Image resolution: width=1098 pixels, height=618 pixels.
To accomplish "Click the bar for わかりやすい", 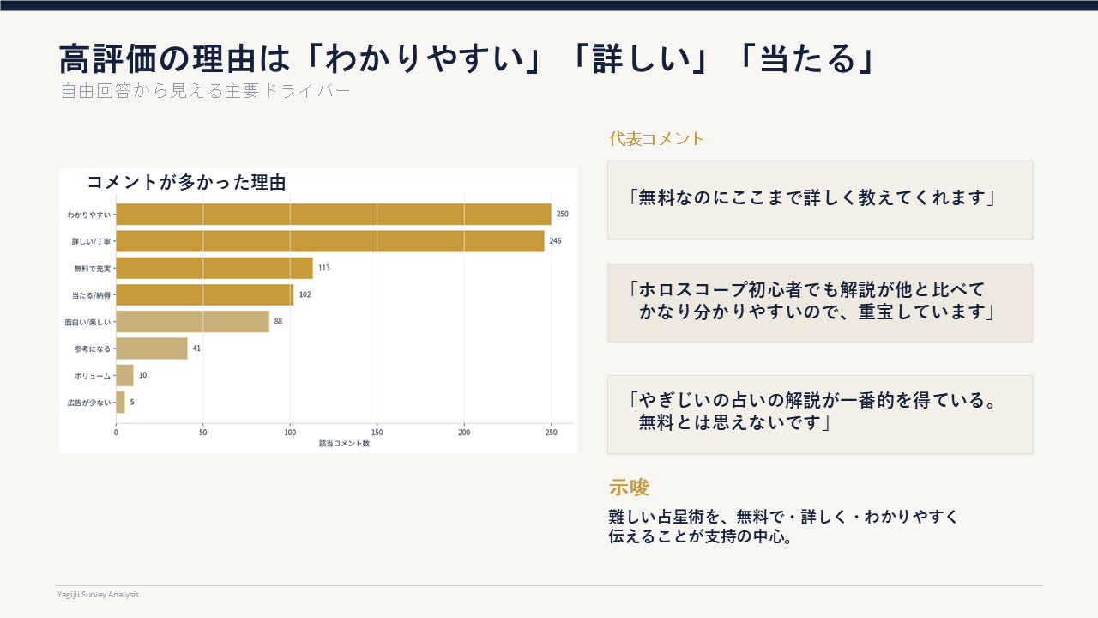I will click(x=333, y=214).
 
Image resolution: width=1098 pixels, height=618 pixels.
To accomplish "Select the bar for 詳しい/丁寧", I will click(x=329, y=241).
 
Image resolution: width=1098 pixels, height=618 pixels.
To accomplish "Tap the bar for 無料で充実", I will click(x=214, y=268).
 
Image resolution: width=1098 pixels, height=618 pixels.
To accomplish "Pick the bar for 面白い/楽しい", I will click(x=192, y=322).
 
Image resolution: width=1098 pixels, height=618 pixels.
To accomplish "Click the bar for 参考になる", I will click(x=152, y=348).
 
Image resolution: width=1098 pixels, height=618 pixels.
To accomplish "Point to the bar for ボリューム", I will click(x=124, y=375).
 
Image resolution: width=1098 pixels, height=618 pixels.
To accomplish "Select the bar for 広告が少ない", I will click(x=121, y=402).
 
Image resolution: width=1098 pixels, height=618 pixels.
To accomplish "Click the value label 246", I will click(x=555, y=241).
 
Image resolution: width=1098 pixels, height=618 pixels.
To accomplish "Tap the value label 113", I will click(x=323, y=268).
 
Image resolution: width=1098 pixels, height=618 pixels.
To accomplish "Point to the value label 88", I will click(x=278, y=322).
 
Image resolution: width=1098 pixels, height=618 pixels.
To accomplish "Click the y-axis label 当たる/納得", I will click(x=91, y=295).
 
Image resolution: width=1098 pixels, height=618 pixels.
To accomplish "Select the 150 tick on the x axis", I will click(x=377, y=433).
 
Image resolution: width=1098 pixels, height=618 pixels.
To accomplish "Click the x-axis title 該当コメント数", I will click(x=344, y=444).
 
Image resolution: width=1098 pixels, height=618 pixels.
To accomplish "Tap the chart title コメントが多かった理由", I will click(x=186, y=182).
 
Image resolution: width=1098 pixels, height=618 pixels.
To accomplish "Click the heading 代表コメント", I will click(x=656, y=139).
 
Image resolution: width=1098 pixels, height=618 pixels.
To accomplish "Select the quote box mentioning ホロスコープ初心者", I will click(x=819, y=302).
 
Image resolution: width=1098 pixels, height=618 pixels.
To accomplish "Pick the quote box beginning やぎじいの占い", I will click(x=819, y=414).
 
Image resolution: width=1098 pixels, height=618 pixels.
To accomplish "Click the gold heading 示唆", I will click(x=629, y=488).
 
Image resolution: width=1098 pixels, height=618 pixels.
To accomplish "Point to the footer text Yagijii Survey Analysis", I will click(x=98, y=594).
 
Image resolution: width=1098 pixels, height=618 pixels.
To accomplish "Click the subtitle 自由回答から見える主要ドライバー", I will click(x=205, y=91).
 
